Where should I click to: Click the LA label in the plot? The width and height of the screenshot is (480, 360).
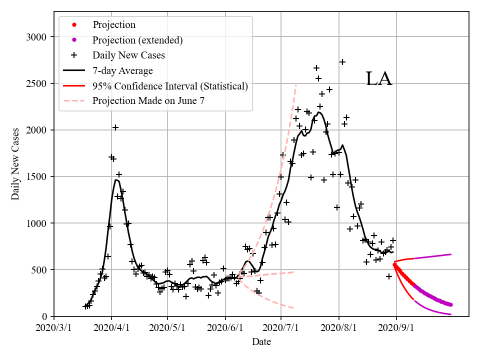(378, 79)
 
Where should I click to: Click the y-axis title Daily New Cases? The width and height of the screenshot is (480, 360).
(15, 163)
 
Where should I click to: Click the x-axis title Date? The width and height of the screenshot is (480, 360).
(261, 342)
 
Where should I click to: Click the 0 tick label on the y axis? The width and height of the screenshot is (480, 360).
(44, 316)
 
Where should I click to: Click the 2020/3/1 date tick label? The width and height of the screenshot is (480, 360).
(54, 328)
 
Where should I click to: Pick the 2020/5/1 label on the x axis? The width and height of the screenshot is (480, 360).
(168, 328)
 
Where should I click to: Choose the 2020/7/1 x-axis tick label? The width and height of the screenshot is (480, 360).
(281, 328)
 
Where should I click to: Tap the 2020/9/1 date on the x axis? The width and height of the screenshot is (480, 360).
(396, 328)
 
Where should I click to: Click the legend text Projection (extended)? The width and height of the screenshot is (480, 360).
(137, 40)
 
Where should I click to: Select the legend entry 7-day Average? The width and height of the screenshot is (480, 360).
(122, 70)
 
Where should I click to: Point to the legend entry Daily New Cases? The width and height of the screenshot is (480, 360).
(128, 55)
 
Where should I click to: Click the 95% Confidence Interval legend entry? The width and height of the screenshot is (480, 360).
(170, 86)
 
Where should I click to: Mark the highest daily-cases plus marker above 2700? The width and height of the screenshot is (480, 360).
(342, 62)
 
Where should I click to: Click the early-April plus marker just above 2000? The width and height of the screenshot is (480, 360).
(115, 127)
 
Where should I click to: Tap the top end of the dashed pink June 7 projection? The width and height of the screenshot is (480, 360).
(296, 85)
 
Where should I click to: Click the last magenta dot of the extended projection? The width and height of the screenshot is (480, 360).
(451, 304)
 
